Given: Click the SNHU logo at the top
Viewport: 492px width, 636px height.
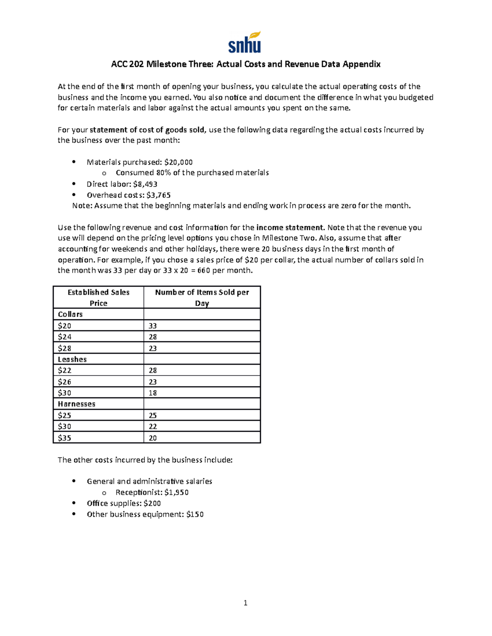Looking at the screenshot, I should (245, 43).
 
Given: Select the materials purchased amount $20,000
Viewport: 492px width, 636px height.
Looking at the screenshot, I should (178, 162).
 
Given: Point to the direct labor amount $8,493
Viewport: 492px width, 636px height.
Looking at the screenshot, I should (145, 184).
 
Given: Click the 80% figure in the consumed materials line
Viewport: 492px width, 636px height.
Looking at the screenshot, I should (163, 173).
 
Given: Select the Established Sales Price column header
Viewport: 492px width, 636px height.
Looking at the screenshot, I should (98, 297).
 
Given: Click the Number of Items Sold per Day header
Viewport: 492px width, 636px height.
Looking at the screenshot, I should (202, 297).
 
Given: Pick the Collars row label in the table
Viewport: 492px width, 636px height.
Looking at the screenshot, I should (70, 314).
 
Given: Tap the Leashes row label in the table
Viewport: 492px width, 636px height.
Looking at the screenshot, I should (72, 359).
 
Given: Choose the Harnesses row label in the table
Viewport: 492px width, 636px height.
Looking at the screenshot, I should (76, 404).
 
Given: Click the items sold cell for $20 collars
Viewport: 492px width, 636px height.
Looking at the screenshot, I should (153, 326).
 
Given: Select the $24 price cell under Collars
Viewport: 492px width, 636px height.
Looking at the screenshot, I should (64, 337).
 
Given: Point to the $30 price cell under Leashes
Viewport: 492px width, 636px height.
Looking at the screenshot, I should (64, 393).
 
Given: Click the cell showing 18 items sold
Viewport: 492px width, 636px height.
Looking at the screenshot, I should (153, 393).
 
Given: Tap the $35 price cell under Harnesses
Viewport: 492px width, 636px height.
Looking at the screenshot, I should (64, 438).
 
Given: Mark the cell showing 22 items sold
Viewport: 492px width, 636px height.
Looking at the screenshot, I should (153, 426).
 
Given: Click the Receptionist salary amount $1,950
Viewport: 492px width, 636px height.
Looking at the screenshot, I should (176, 492).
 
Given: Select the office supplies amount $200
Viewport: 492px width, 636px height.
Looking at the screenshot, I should (152, 503).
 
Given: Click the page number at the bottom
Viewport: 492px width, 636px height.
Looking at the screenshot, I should (245, 603).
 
